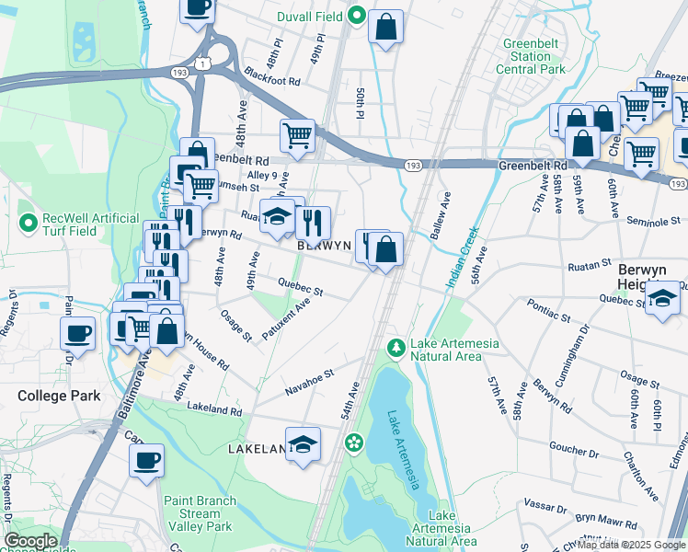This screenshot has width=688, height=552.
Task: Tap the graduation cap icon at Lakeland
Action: [303, 445]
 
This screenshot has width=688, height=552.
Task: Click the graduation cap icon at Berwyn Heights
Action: [662, 301]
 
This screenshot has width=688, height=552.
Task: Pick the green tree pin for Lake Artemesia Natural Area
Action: [396, 348]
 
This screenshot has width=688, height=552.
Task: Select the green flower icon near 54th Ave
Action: [353, 444]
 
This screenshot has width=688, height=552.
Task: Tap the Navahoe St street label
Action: [308, 385]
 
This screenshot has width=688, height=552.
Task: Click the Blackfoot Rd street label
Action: [272, 82]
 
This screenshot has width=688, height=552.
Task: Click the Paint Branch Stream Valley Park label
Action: [199, 514]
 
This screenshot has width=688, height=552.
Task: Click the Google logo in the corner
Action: [30, 541]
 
